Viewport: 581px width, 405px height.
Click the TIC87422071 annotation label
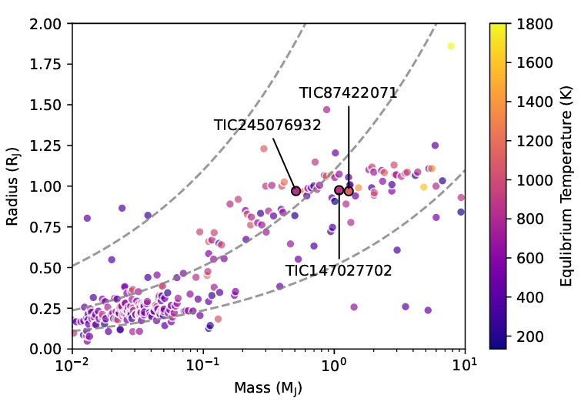point(348,93)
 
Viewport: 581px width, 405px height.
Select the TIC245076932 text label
point(267,126)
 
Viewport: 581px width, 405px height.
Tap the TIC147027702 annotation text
point(339,271)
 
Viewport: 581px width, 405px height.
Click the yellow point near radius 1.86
point(451,46)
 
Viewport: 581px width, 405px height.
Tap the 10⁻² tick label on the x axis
point(72,365)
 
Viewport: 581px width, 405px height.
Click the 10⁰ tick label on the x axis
point(333,365)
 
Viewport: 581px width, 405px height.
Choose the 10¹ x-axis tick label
point(464,365)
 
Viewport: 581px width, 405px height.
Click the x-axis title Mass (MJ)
point(269,389)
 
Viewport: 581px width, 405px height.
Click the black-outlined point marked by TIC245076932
point(296,191)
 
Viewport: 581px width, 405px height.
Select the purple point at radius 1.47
point(326,110)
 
